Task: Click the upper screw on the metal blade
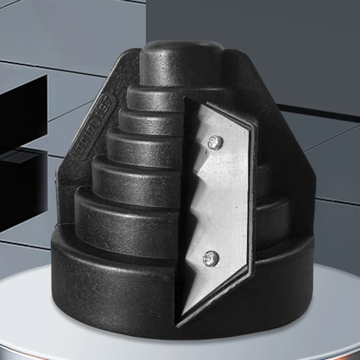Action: pos(215,143)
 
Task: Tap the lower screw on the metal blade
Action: pos(211,258)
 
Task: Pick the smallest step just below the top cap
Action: pos(155,97)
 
